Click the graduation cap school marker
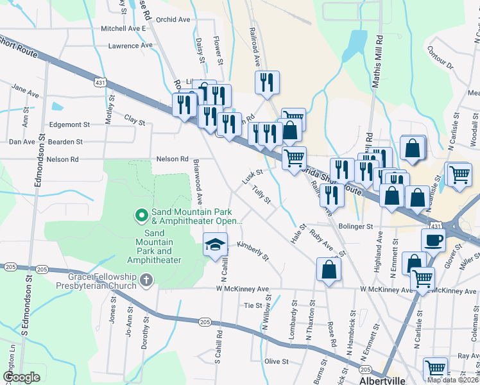click(216, 244)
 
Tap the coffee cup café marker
click(433, 239)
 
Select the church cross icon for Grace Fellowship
click(146, 280)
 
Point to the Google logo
click(21, 377)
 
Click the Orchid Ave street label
click(173, 19)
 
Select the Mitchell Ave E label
click(124, 29)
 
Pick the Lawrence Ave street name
click(130, 46)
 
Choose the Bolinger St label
click(356, 227)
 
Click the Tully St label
click(262, 195)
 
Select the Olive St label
click(278, 361)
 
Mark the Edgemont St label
click(68, 124)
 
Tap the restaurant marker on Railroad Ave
click(266, 82)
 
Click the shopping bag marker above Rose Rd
click(328, 269)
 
